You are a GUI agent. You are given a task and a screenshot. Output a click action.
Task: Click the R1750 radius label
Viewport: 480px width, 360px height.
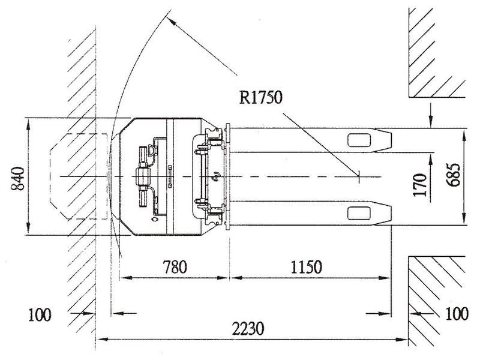[260, 98]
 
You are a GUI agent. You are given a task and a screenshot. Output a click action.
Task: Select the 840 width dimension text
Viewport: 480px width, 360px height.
[18, 178]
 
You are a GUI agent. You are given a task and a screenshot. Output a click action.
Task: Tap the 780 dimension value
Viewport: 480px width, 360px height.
[175, 266]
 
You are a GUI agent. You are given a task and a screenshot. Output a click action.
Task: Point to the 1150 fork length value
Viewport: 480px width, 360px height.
[306, 266]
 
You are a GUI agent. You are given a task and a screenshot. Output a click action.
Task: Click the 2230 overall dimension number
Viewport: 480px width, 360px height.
[248, 329]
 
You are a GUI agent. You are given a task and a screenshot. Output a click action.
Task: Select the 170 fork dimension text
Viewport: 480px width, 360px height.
[419, 185]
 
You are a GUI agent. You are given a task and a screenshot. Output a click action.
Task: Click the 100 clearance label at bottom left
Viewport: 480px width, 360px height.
[40, 314]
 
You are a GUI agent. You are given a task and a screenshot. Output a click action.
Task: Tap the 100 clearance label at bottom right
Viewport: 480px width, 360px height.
[457, 313]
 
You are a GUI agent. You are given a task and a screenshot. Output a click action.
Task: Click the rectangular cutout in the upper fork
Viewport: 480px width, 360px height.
[359, 140]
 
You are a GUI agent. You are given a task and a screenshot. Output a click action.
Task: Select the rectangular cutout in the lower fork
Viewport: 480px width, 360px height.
[359, 213]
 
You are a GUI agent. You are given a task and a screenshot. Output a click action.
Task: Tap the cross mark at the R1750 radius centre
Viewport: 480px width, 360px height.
[358, 176]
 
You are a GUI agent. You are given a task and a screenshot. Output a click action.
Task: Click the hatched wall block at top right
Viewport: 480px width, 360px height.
[437, 53]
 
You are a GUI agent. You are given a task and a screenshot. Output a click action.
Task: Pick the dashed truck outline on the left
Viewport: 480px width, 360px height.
[79, 176]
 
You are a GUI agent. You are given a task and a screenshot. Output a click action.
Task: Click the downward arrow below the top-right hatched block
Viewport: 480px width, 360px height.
[431, 115]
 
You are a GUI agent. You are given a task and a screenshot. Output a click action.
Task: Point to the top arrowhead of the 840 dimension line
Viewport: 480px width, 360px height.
[28, 124]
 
